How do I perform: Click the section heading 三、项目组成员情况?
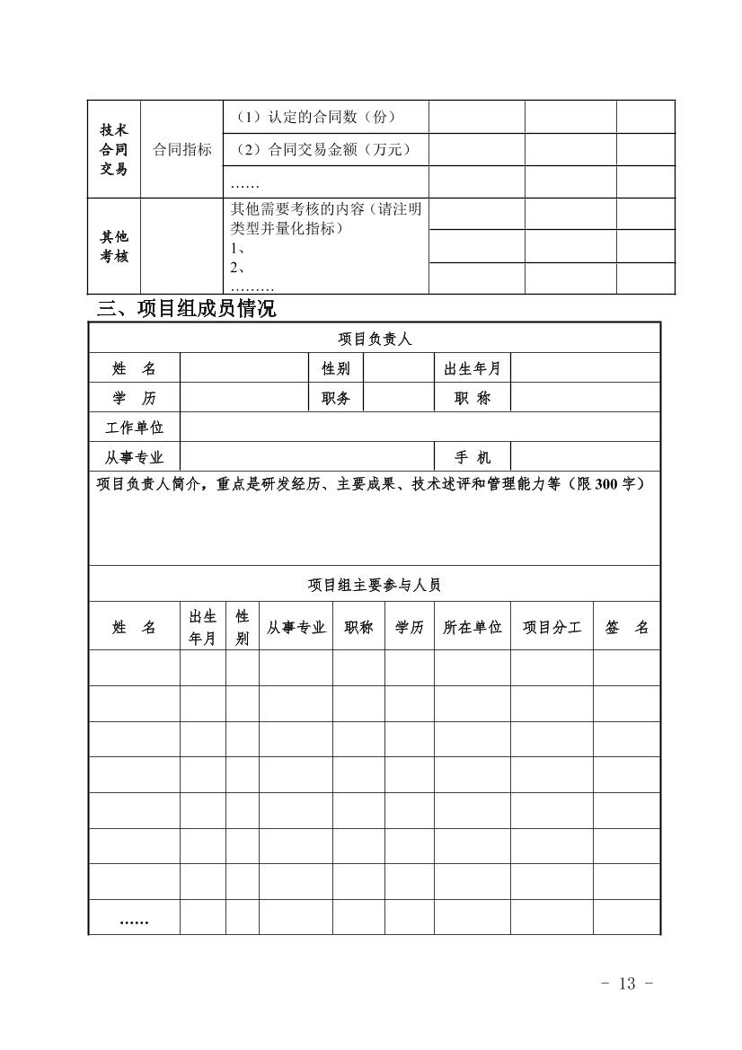187,309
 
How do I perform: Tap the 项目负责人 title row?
375,339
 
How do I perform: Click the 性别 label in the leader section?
336,368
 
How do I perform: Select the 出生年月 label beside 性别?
472,368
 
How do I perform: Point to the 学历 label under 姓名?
134,399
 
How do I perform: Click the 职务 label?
336,399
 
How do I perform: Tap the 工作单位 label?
134,428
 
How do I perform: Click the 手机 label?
472,457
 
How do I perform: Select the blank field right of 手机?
585,457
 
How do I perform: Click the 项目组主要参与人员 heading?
375,585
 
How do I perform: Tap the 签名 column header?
626,628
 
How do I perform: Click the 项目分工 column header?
552,628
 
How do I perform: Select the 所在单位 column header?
472,628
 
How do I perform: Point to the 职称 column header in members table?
358,628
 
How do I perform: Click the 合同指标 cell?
182,149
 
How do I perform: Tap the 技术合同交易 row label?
114,149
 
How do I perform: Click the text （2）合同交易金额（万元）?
323,149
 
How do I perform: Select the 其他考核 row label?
114,246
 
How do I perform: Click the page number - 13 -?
626,984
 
